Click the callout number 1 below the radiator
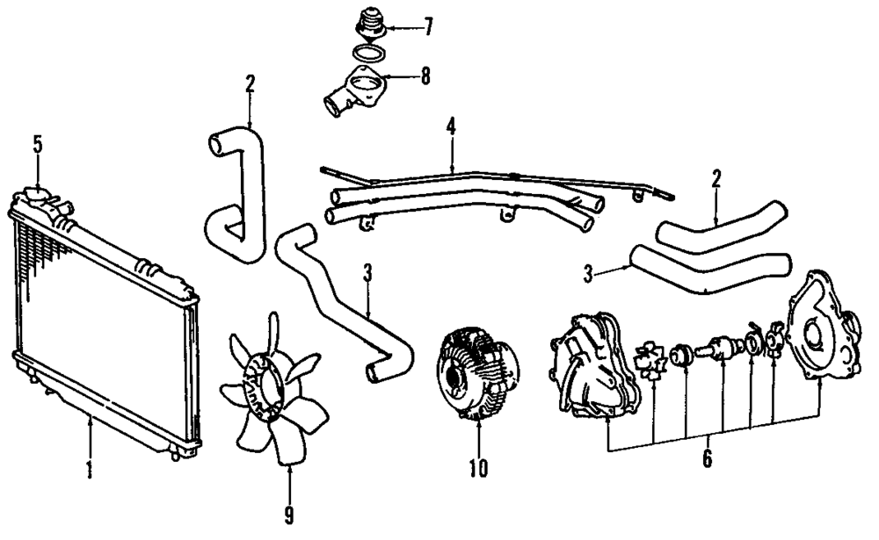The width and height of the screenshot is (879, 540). pyautogui.click(x=89, y=472)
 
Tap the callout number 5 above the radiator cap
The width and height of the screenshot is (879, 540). pyautogui.click(x=38, y=145)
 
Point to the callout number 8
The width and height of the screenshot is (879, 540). pyautogui.click(x=425, y=76)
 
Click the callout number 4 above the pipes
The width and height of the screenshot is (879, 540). pyautogui.click(x=451, y=126)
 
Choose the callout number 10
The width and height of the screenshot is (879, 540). pyautogui.click(x=477, y=471)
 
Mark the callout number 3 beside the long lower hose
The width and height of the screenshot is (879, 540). pyautogui.click(x=367, y=272)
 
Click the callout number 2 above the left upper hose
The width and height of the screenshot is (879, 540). pyautogui.click(x=250, y=85)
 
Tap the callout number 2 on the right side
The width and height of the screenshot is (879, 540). pyautogui.click(x=716, y=180)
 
